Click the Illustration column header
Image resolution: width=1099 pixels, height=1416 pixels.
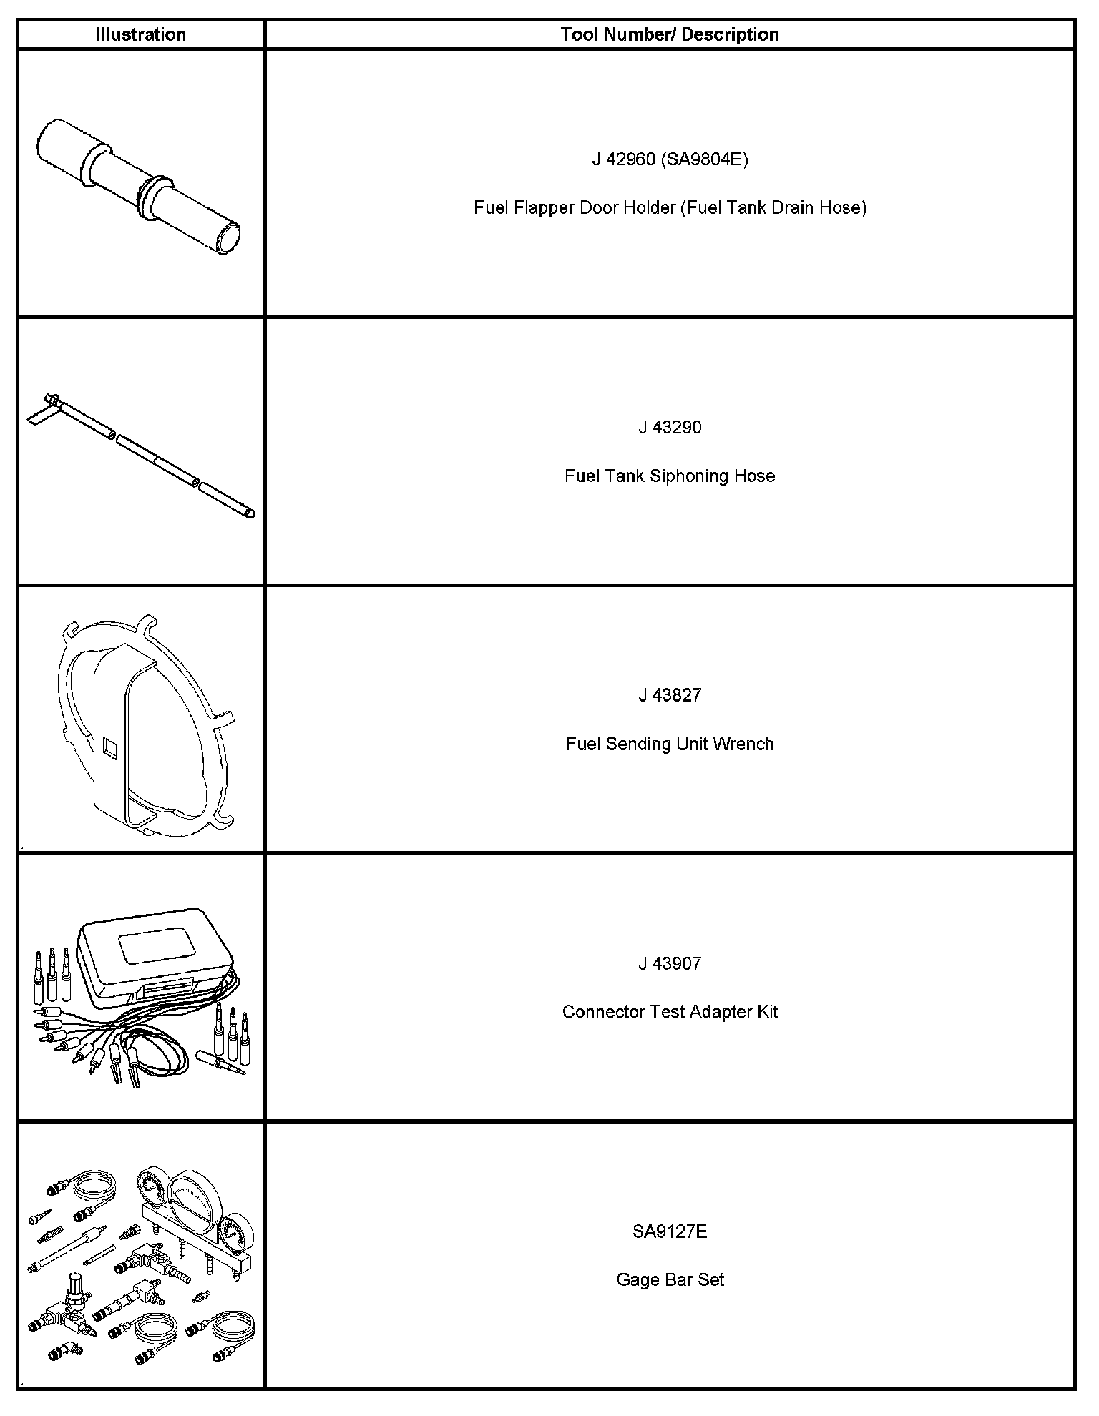tap(141, 34)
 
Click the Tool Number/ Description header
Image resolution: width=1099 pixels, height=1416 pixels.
tap(670, 34)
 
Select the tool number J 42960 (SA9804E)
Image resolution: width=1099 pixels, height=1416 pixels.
tap(670, 159)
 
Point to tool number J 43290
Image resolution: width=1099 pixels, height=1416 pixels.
tap(670, 427)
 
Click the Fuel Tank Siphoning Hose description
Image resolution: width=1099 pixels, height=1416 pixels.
tap(670, 476)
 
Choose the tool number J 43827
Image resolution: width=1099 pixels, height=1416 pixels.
tap(670, 695)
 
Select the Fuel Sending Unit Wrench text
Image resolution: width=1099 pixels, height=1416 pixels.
tap(670, 744)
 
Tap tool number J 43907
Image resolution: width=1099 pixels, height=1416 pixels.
tap(670, 963)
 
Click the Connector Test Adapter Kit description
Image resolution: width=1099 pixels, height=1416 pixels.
tap(670, 1012)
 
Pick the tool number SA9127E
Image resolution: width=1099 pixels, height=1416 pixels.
tap(670, 1231)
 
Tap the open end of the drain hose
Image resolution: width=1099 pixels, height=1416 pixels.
tap(229, 237)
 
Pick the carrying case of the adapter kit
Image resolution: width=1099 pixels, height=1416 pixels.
tap(154, 958)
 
